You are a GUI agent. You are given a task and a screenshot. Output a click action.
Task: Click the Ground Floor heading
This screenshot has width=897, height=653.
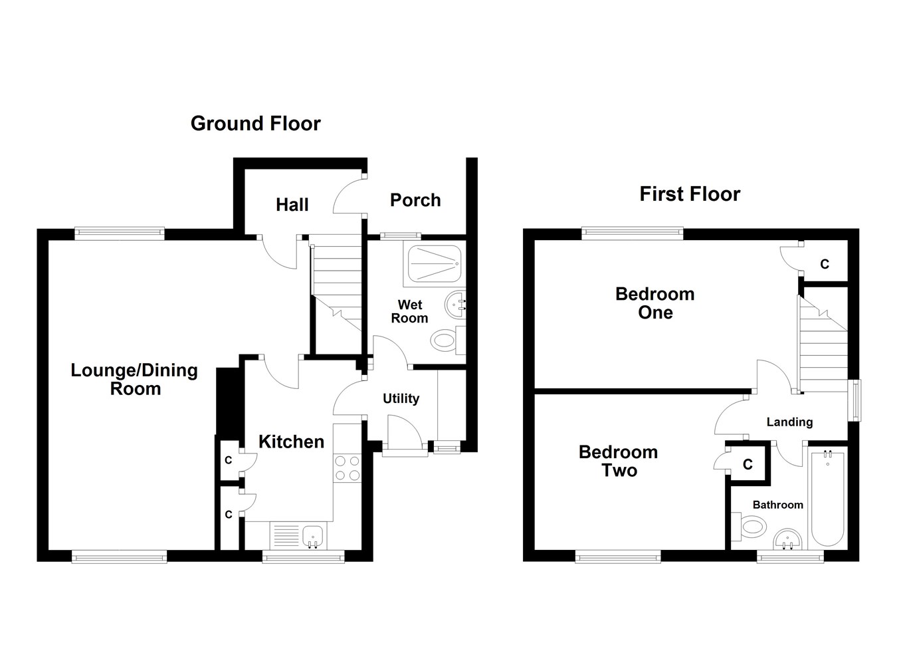[255, 124]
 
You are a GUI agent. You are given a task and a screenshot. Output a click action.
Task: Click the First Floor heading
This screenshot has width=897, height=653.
[689, 194]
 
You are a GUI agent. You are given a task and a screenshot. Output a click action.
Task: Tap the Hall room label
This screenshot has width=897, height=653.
[292, 205]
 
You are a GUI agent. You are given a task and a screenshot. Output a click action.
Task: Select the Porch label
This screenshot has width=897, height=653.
[415, 200]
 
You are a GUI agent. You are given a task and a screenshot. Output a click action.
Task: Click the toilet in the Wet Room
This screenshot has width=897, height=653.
[445, 342]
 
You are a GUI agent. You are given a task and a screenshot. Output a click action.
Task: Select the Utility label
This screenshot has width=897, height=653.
[401, 398]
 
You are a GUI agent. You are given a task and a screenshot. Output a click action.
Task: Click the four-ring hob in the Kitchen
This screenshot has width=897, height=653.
[346, 467]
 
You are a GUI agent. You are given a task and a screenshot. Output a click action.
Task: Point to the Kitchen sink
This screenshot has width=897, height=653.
[312, 535]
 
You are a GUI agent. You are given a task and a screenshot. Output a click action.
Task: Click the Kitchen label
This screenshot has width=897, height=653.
[291, 442]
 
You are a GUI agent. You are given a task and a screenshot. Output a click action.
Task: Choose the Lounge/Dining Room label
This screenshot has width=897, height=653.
[134, 380]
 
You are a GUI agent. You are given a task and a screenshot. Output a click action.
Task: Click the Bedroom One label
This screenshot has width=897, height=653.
[654, 303]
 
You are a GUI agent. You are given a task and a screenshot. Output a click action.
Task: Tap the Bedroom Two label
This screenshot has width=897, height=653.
[618, 461]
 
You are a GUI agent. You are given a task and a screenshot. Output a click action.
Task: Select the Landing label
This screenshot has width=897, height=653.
[789, 422]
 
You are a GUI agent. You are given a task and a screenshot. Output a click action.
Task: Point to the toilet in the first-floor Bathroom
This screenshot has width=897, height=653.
[750, 528]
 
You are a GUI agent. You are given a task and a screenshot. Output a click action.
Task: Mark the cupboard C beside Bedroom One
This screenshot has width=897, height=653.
[824, 264]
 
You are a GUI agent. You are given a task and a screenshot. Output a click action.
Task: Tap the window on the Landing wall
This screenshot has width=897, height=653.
[856, 400]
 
